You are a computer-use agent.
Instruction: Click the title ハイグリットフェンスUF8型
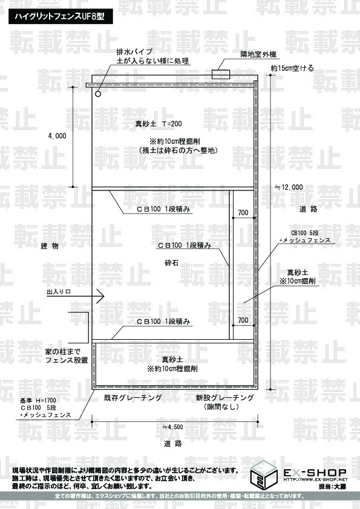tap(59, 16)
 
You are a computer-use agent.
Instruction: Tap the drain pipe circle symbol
tap(98, 94)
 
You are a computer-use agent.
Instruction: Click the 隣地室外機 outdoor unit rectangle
tap(221, 74)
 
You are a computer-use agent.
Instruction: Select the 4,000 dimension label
tap(57, 136)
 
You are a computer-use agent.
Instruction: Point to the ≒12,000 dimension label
tap(289, 187)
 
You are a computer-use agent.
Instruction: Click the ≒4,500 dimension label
tap(172, 427)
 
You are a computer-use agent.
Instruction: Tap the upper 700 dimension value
tap(243, 213)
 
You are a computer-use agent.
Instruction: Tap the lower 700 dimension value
tap(243, 320)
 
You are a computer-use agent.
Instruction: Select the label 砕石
tap(172, 262)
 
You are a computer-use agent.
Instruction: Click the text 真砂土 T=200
tap(159, 124)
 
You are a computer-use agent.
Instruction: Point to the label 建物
tap(50, 246)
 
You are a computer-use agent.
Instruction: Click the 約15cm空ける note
tap(292, 68)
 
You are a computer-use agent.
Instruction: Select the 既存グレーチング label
tap(133, 398)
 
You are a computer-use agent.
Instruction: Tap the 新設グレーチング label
tap(224, 398)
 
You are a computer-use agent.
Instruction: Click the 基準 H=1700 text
tap(38, 401)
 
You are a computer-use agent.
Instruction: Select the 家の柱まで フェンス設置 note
tap(67, 356)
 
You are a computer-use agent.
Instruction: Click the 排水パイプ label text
tap(134, 51)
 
